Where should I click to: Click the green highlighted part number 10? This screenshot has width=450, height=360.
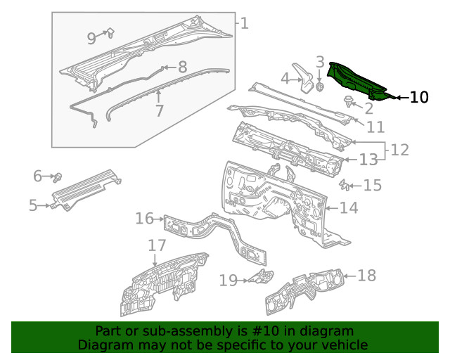point(359,79)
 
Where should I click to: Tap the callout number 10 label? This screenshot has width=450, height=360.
point(418,97)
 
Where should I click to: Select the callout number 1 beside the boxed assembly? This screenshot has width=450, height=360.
point(243,23)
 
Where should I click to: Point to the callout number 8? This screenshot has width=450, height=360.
point(182,67)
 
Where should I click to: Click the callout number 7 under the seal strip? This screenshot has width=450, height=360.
point(160,111)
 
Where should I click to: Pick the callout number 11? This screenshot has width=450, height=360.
point(375,127)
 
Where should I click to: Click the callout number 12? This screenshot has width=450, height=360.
point(399,150)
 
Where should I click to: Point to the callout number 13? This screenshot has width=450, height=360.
point(368,160)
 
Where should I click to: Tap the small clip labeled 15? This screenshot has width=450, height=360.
point(345,185)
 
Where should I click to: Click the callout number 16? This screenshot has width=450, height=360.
point(144,219)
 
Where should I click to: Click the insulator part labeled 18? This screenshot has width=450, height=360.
point(306,290)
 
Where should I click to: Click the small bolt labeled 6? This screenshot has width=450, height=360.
point(59,174)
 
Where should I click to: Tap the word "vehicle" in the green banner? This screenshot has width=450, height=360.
point(343,345)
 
